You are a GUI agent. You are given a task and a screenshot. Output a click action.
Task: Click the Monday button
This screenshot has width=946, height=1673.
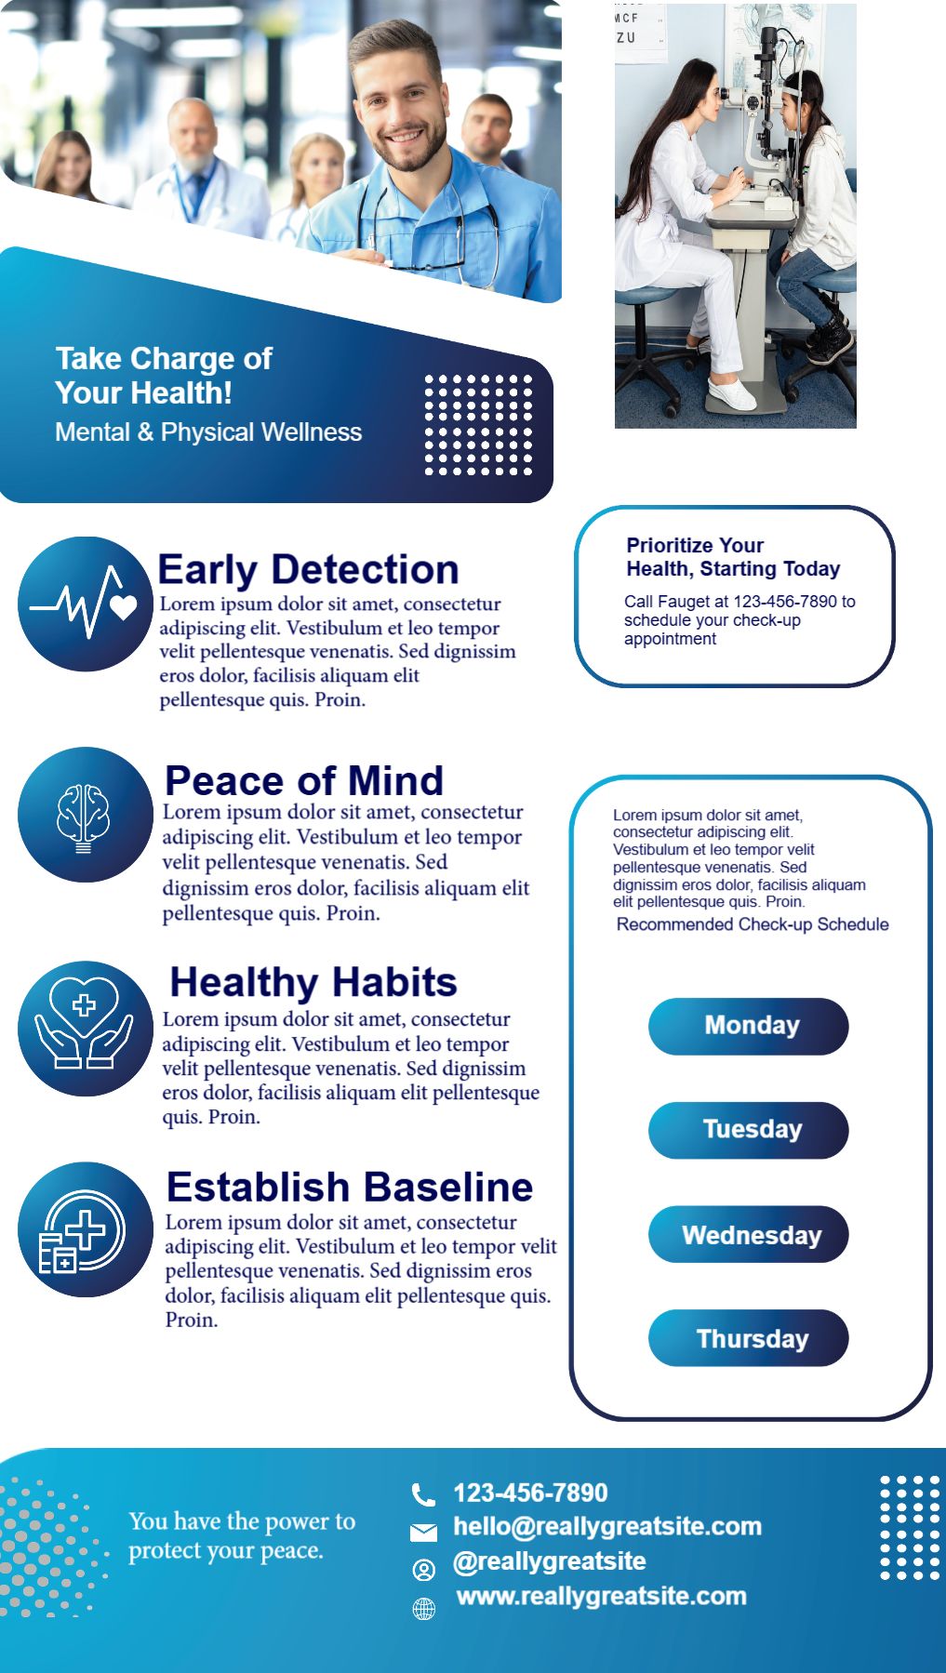coord(749,1026)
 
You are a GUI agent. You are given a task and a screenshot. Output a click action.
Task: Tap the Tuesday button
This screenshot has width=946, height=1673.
coord(749,1130)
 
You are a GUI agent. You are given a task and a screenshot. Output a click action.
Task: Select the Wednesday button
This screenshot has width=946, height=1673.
coord(749,1234)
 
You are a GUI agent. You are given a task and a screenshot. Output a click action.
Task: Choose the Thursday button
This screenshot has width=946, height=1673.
coord(749,1338)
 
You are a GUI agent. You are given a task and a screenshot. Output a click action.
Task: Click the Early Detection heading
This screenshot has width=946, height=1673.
coord(309,569)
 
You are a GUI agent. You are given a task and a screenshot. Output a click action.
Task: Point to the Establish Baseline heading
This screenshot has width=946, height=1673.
coord(350,1187)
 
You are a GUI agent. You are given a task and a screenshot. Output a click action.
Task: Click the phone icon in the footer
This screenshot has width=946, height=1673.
coord(423,1494)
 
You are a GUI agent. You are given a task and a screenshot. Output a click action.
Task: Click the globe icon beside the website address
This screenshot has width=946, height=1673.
coord(423,1609)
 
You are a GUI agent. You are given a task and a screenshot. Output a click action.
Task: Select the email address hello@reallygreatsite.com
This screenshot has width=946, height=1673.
coord(607,1526)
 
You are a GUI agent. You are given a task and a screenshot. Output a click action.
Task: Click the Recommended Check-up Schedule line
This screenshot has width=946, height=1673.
coord(753,924)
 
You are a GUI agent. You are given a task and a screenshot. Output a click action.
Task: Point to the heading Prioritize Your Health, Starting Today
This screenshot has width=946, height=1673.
coord(733,557)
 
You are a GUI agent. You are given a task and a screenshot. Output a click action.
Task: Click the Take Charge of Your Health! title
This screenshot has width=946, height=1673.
coord(164,376)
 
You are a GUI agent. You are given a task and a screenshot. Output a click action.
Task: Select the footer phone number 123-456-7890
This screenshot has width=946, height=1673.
coord(530,1493)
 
